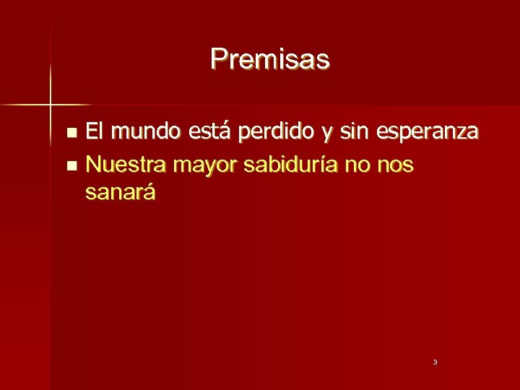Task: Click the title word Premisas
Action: pyautogui.click(x=270, y=58)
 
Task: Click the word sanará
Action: pyautogui.click(x=120, y=193)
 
